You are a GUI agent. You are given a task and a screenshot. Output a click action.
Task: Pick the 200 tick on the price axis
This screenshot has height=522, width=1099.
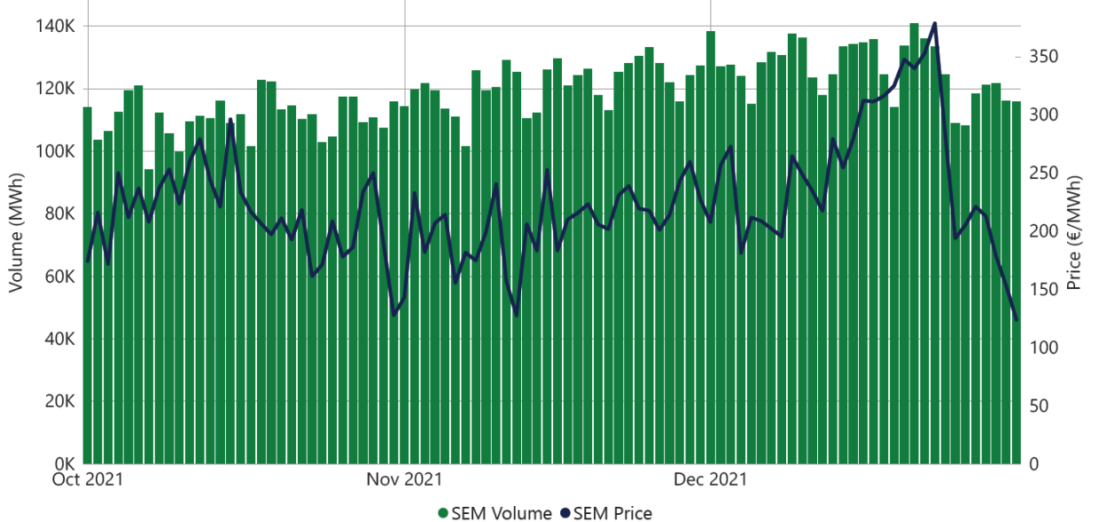1040,231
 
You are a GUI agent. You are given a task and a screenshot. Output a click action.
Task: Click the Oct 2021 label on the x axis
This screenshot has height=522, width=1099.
87,479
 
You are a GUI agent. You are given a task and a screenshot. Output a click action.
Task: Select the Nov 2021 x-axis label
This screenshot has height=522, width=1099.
404,479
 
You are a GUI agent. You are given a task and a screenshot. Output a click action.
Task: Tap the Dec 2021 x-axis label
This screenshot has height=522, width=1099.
710,479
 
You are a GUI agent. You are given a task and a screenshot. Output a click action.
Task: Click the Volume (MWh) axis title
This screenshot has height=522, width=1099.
15,234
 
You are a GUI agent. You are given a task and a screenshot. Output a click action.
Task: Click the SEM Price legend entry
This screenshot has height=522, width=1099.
612,513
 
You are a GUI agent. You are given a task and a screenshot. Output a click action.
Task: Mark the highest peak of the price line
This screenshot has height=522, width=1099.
935,24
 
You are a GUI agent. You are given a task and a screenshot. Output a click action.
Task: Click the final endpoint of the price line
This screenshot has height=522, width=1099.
1017,320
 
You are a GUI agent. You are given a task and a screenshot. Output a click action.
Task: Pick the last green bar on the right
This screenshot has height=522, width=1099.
1017,284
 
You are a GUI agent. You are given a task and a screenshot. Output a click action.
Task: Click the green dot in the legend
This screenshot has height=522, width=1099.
443,513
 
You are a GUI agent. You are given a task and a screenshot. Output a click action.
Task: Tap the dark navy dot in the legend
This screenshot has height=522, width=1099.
565,513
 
